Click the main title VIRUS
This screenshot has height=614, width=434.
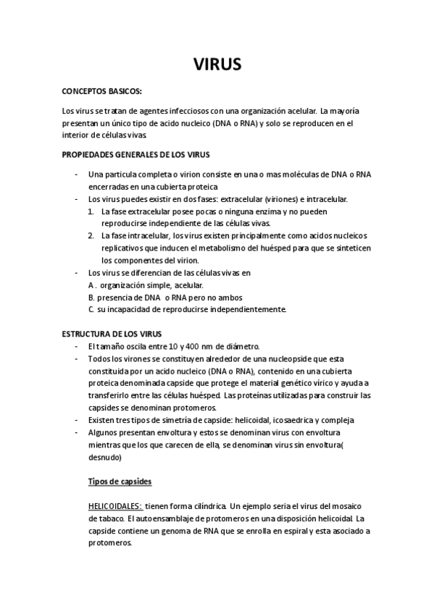click(217, 64)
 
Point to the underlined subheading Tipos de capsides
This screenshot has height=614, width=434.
click(120, 481)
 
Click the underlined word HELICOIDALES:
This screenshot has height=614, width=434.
click(114, 506)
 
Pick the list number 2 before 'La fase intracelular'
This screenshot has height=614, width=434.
click(91, 236)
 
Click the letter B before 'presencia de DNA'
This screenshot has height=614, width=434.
click(91, 297)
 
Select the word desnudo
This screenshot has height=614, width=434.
click(105, 457)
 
